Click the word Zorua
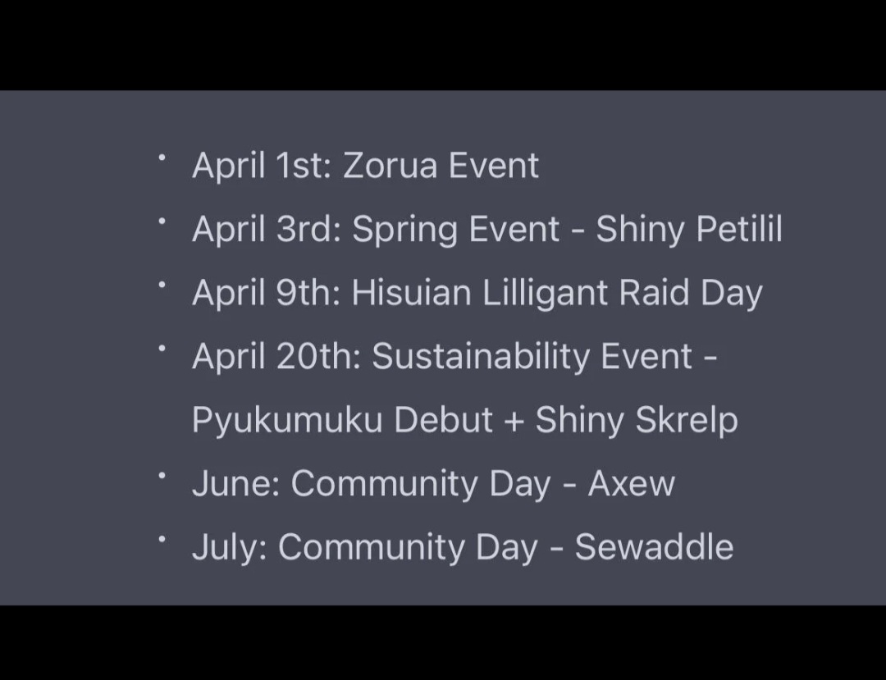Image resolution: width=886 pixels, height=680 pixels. tap(390, 166)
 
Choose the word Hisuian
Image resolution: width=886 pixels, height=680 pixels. tap(411, 293)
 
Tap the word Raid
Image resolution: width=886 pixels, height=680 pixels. tap(654, 293)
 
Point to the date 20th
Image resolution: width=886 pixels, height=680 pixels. tap(318, 356)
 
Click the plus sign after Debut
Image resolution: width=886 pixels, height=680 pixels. tap(514, 422)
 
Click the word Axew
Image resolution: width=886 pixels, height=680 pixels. tap(631, 483)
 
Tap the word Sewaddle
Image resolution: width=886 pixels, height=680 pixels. tap(654, 547)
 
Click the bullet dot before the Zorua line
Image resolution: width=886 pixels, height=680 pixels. tap(162, 157)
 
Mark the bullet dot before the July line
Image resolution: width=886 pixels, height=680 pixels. tap(162, 540)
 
